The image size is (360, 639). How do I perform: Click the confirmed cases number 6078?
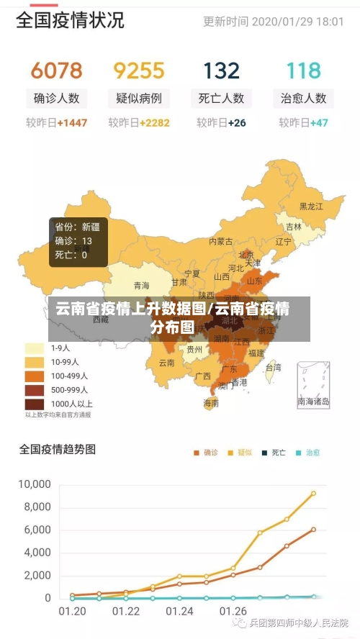click(x=56, y=71)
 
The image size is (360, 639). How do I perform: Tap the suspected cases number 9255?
click(x=139, y=71)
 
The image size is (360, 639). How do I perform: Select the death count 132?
click(x=221, y=71)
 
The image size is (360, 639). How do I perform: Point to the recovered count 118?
click(x=303, y=71)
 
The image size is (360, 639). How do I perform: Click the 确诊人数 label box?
click(x=56, y=98)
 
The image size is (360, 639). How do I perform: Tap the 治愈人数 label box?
click(x=303, y=98)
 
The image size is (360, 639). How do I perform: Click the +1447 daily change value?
click(x=72, y=123)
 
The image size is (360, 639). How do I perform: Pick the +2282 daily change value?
click(x=155, y=123)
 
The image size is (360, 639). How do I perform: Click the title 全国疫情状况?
click(x=70, y=20)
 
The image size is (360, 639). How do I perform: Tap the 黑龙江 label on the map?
click(x=311, y=207)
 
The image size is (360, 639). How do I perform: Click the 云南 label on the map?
click(x=166, y=363)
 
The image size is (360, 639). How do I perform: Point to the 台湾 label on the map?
click(x=274, y=367)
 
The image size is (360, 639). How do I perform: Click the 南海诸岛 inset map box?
click(x=313, y=385)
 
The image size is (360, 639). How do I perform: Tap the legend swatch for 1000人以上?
click(x=35, y=404)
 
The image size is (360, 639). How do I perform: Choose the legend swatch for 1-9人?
click(x=35, y=348)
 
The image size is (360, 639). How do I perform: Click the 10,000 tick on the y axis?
click(x=35, y=484)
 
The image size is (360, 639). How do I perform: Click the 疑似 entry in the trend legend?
click(x=239, y=453)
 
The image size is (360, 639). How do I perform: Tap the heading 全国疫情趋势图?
click(x=57, y=450)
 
